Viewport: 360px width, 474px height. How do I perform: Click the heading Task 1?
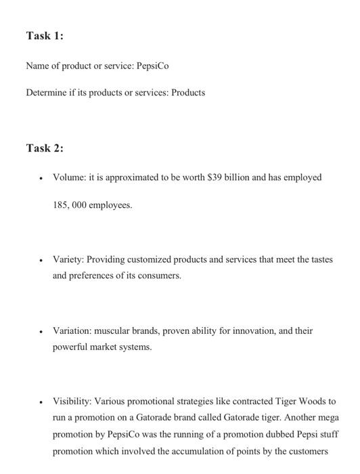click(x=44, y=36)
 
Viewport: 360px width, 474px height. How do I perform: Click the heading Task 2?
click(x=44, y=148)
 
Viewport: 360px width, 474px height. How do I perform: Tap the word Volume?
click(x=68, y=177)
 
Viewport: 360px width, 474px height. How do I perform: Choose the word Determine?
click(x=47, y=92)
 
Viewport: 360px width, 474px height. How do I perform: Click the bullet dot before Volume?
click(x=42, y=178)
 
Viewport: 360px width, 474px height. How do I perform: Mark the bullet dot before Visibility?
click(x=42, y=402)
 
